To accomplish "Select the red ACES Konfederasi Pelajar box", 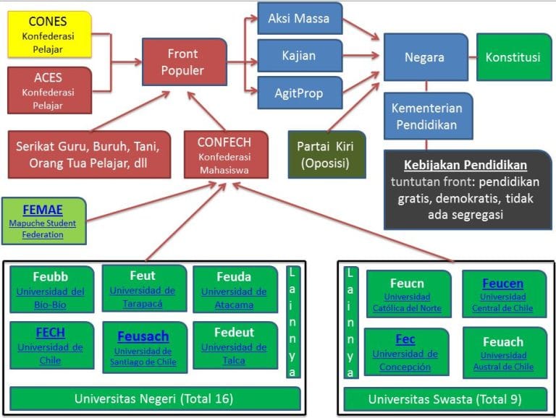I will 49,90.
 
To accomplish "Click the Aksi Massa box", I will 299,18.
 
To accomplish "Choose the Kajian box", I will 299,56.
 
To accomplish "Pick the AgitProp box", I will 299,93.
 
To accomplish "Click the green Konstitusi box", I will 513,56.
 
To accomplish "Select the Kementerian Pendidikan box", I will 427,116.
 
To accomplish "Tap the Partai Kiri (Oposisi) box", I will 327,154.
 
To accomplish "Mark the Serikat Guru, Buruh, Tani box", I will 90,154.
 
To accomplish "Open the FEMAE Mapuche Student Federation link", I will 41,210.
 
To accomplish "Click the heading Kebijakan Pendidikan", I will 466,164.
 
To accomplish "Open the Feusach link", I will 143,338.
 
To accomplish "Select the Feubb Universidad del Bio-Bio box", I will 51,289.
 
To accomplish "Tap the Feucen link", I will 502,284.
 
